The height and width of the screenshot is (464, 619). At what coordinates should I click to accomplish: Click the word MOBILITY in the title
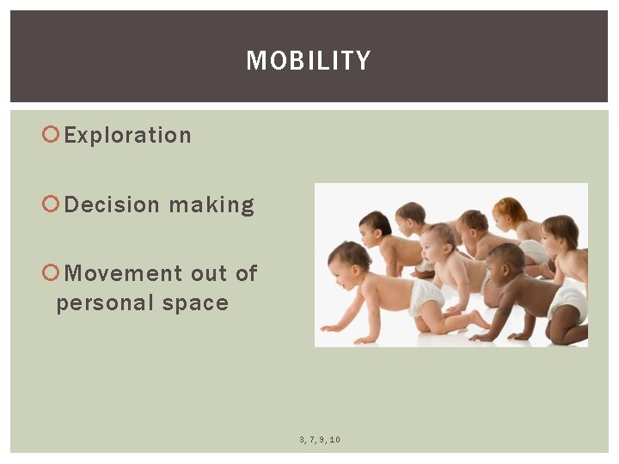(309, 60)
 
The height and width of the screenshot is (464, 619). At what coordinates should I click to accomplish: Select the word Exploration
(128, 135)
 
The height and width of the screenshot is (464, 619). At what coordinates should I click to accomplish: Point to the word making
(211, 205)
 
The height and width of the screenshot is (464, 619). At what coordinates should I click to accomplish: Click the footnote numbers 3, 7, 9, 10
(320, 440)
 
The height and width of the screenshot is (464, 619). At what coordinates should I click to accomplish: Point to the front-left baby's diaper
(426, 296)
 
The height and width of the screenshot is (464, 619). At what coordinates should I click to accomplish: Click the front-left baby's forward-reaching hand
(329, 327)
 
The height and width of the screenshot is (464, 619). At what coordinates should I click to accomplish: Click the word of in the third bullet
(246, 273)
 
